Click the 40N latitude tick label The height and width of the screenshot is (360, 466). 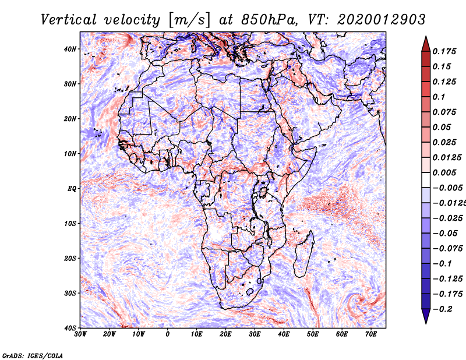[x=70, y=49]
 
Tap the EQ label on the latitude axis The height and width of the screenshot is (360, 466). [x=72, y=189]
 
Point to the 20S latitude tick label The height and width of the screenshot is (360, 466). [x=70, y=258]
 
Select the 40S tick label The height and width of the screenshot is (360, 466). [x=70, y=328]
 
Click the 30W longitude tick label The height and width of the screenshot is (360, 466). [x=80, y=334]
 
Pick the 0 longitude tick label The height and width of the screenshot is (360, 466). [x=168, y=334]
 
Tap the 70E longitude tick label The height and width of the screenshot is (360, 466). [x=371, y=334]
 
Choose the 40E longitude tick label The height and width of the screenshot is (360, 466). [x=284, y=334]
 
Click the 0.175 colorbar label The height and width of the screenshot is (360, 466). [x=444, y=51]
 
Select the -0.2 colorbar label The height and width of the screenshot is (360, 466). [x=443, y=309]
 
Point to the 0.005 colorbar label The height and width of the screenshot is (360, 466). [x=444, y=172]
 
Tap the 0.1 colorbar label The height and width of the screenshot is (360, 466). [x=439, y=97]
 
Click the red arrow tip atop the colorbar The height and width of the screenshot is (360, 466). [x=426, y=37]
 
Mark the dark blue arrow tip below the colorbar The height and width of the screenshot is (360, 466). [x=426, y=323]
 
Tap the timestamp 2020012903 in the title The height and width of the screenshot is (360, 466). [x=382, y=20]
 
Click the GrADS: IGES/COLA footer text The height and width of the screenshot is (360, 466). [x=33, y=355]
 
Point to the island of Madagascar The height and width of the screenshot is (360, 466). [x=304, y=254]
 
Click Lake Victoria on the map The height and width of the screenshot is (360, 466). [x=263, y=193]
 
